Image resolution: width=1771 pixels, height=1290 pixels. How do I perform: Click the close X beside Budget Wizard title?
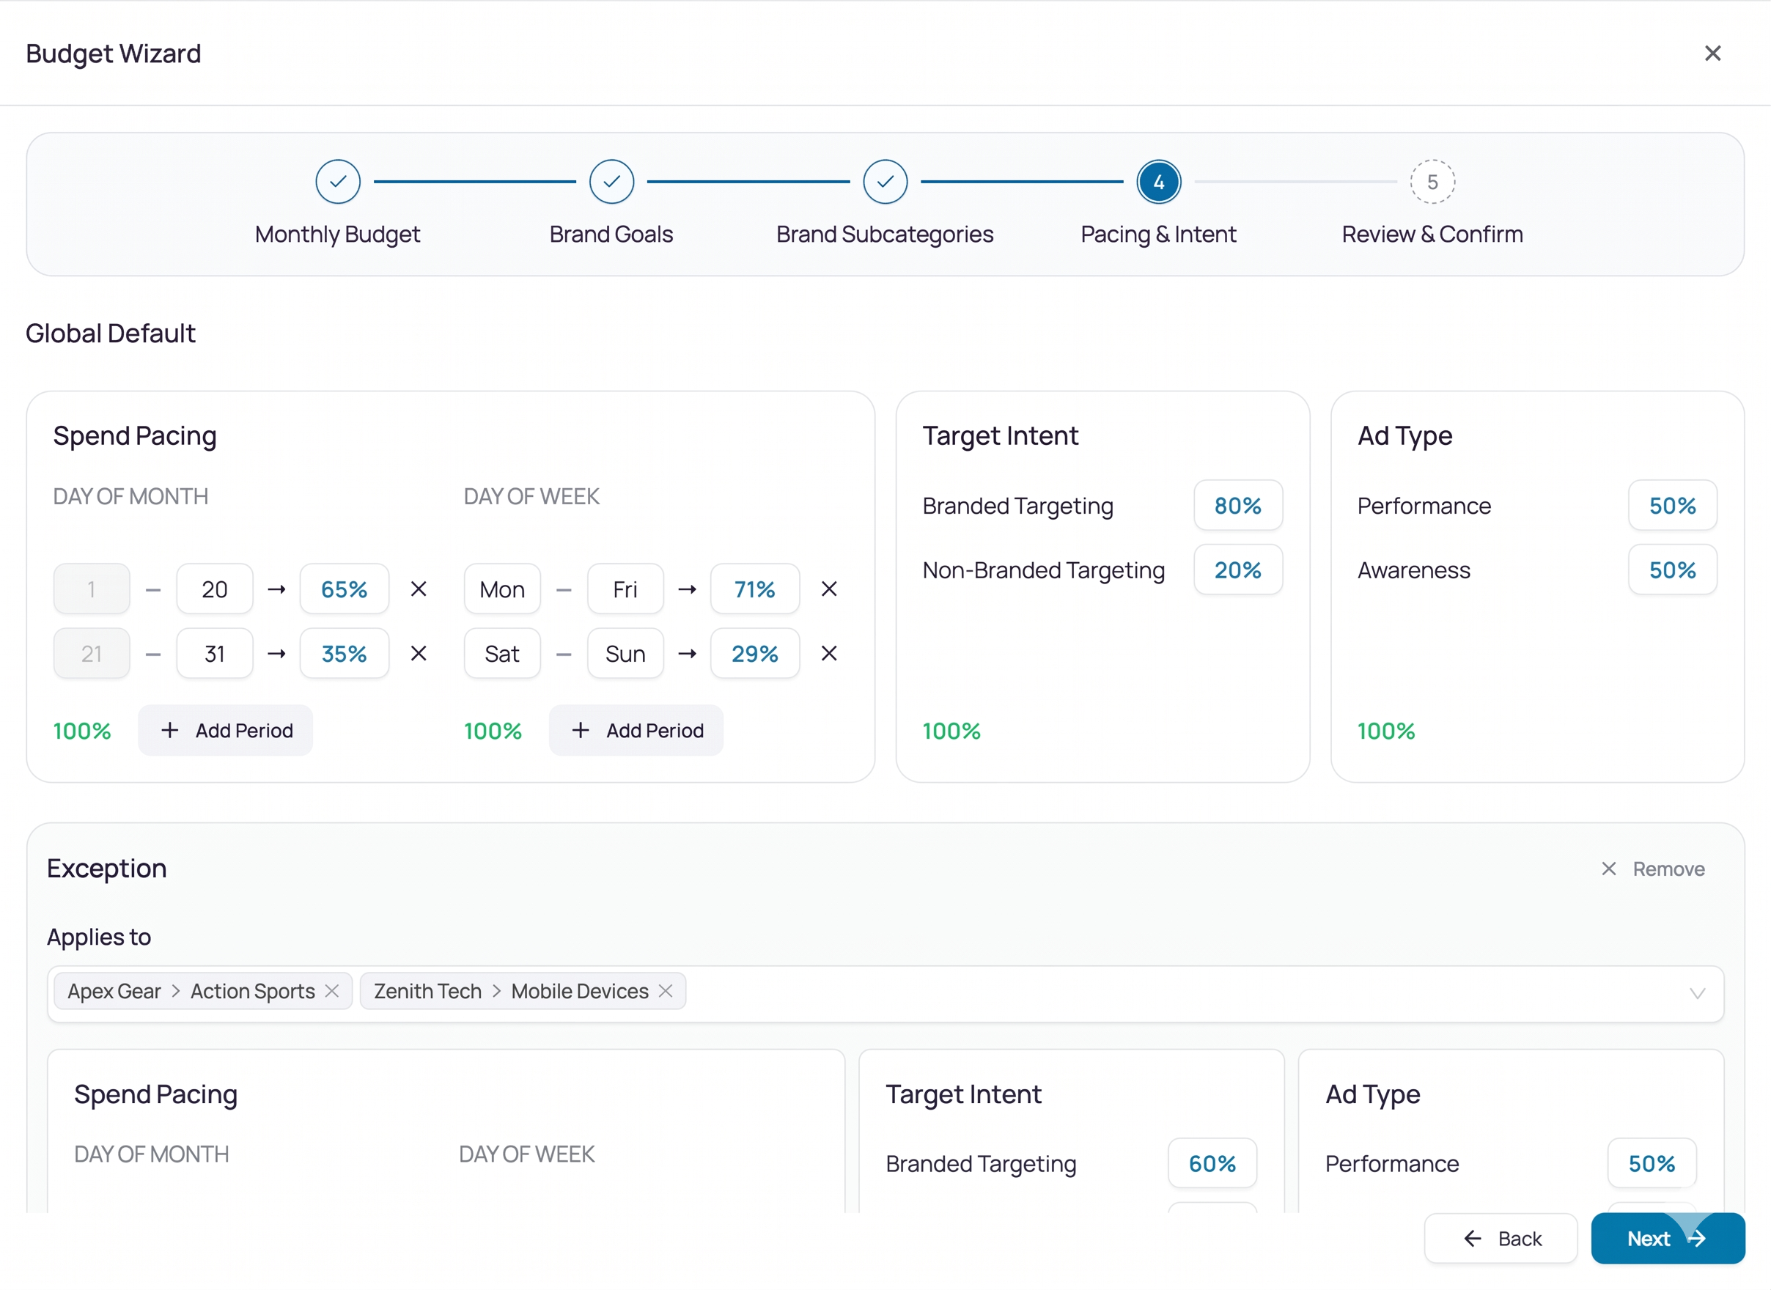click(x=1712, y=53)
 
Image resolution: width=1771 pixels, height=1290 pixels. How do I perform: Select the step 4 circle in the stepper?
click(x=1158, y=182)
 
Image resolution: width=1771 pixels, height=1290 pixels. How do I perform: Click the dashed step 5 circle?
click(x=1432, y=182)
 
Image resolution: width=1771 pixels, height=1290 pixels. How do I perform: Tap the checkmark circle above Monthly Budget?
click(x=338, y=182)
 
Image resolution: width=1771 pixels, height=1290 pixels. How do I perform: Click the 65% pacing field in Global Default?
click(x=345, y=589)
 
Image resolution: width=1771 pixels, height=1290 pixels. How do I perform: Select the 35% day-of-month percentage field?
click(x=345, y=653)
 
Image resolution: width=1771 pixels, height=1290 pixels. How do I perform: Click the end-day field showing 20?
click(x=215, y=589)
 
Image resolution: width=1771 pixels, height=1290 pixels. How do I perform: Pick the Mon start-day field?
click(x=502, y=589)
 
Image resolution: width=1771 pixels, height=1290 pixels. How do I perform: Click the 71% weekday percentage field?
click(x=755, y=589)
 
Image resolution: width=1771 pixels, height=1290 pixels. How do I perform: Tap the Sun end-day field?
click(x=625, y=653)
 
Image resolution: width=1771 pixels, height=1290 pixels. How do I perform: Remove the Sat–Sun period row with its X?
click(x=829, y=653)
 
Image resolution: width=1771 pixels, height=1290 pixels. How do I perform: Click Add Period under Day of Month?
click(x=226, y=730)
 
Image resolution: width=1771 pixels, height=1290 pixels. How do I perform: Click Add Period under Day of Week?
click(x=636, y=730)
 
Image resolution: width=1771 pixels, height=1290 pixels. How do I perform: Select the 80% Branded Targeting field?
click(x=1237, y=505)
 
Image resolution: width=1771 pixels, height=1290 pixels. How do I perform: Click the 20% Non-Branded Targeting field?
click(x=1237, y=570)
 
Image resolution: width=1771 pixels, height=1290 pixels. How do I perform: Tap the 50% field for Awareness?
click(x=1673, y=570)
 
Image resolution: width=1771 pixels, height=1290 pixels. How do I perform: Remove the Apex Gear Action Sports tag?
click(x=332, y=990)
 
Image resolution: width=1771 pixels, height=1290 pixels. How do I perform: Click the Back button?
click(x=1501, y=1239)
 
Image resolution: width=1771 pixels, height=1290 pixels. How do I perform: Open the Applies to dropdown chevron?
click(x=1697, y=993)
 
